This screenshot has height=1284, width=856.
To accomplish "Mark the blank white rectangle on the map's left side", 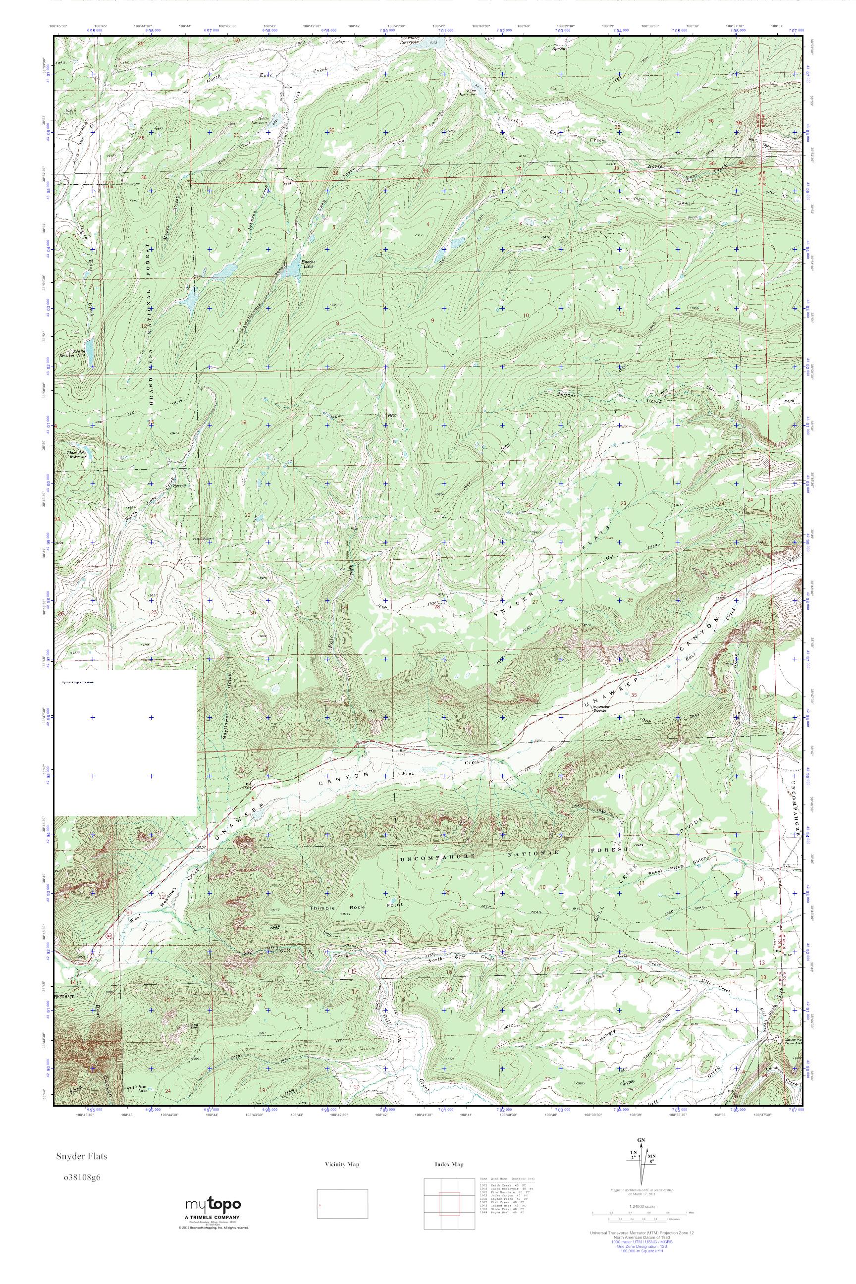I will [125, 743].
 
